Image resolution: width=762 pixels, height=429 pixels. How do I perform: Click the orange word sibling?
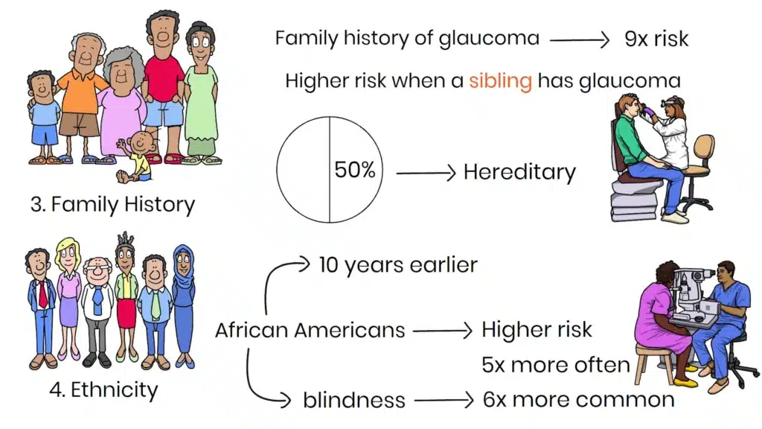500,80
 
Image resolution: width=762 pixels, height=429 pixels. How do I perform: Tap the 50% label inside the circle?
354,171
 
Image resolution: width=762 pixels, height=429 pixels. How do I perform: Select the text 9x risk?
657,39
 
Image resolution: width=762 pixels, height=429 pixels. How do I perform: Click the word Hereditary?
519,172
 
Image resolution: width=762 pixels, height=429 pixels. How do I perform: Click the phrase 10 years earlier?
398,264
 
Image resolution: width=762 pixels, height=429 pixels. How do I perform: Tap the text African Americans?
310,329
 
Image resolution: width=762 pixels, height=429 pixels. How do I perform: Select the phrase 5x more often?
556,365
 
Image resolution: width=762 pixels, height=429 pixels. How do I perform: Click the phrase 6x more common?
577,399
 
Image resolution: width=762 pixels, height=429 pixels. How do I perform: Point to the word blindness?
354,400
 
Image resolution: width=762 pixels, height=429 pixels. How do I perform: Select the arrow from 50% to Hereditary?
425,173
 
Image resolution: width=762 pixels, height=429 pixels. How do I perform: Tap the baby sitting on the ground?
136,156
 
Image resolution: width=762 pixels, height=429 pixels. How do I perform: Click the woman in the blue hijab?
183,305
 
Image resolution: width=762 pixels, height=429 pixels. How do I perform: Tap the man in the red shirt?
164,82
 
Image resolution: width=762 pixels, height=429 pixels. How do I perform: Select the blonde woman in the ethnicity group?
68,298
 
